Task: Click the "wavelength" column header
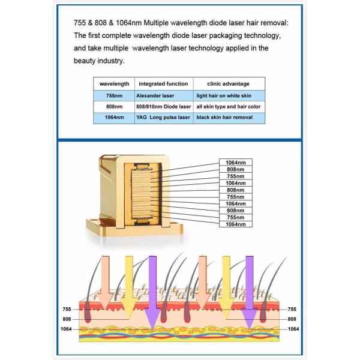[115, 83]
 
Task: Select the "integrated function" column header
[163, 83]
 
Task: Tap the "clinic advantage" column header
[229, 83]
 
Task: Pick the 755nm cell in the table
[114, 95]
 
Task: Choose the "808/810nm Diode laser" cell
[163, 107]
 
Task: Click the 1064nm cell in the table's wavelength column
[114, 118]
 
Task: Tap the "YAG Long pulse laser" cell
[163, 118]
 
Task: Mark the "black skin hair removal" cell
[225, 118]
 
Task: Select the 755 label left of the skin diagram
[67, 309]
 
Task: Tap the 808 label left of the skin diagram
[67, 319]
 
